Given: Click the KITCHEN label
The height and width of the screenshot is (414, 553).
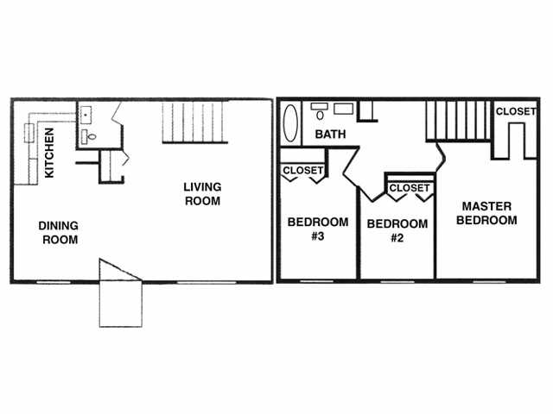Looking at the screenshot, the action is [x=49, y=153].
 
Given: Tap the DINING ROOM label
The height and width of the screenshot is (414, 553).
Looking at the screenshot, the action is [x=59, y=233].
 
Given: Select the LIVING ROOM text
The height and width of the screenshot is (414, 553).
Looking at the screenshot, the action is [x=202, y=194].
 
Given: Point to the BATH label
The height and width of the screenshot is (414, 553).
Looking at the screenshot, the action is [x=330, y=135].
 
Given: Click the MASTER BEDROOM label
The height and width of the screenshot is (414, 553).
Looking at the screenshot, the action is [x=486, y=213].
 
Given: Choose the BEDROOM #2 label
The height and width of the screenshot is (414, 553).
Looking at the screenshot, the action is [x=397, y=231].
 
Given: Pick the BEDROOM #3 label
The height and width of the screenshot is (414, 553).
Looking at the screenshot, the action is [x=318, y=229].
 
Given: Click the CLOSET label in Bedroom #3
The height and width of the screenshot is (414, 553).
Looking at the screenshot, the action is [x=303, y=171].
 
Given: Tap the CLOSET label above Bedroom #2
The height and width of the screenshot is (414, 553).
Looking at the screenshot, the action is [x=410, y=188].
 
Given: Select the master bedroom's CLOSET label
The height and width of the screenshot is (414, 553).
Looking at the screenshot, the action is [x=516, y=111].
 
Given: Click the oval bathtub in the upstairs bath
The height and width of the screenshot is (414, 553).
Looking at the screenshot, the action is [x=290, y=122].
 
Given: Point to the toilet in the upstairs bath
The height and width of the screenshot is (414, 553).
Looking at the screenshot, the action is [x=320, y=115].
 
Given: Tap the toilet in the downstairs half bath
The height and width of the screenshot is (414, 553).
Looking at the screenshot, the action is [x=92, y=136].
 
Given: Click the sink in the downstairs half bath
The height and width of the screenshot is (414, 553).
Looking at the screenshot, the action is [x=86, y=115].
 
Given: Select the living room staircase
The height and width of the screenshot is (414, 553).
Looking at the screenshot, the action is [x=195, y=122].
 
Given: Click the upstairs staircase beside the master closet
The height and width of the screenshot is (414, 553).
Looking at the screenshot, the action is [x=459, y=121].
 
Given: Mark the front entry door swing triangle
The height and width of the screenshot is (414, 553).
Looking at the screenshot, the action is [x=121, y=270].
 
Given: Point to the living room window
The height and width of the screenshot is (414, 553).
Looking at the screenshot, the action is [x=207, y=282].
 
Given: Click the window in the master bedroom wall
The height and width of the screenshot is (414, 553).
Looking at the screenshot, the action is [x=490, y=282].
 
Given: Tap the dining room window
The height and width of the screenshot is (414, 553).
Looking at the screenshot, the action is [x=54, y=282].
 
